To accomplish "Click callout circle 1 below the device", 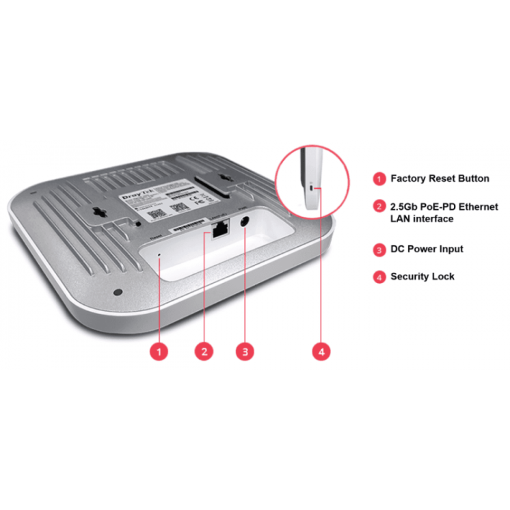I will pyautogui.click(x=159, y=351).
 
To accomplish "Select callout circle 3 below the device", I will pyautogui.click(x=245, y=351).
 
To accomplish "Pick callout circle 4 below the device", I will pyautogui.click(x=322, y=351).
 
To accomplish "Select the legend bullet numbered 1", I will pyautogui.click(x=379, y=179).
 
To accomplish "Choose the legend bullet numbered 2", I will pyautogui.click(x=379, y=206).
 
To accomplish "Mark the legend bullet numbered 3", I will pyautogui.click(x=379, y=250).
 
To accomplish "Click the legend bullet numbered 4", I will pyautogui.click(x=379, y=277).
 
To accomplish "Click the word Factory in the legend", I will pyautogui.click(x=408, y=178).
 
